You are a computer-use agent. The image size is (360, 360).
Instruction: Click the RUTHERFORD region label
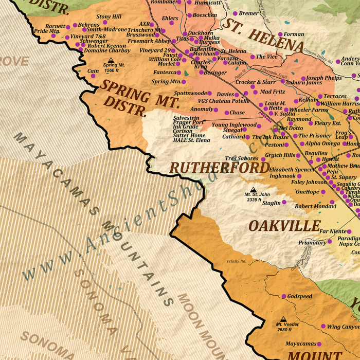coord(220,168)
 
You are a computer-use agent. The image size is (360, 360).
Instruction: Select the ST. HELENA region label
coord(262,35)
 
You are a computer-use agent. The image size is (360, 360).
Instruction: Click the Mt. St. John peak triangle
coord(253,189)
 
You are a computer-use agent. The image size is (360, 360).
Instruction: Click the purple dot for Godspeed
coord(283,296)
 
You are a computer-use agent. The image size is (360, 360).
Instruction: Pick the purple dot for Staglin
coord(284,202)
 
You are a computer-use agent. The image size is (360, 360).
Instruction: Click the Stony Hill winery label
coord(109,17)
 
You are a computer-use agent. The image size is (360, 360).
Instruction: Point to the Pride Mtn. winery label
coord(47,31)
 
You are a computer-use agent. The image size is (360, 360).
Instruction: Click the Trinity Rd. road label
coord(237,262)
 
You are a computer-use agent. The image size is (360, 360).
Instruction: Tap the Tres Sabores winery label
coord(241,158)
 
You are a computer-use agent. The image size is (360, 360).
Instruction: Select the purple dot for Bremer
coord(236,13)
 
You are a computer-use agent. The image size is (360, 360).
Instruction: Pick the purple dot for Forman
coord(280,34)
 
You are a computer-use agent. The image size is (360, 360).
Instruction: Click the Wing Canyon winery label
coord(343,327)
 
